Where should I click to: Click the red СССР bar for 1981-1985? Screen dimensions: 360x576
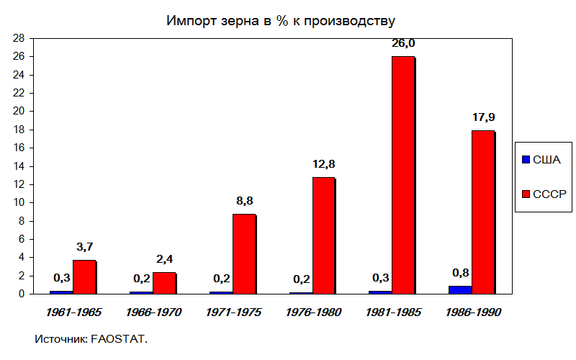click(x=404, y=175)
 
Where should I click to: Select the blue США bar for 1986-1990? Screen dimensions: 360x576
click(x=460, y=289)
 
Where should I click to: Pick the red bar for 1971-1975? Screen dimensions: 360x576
click(x=244, y=253)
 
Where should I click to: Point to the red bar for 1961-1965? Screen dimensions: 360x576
click(x=84, y=276)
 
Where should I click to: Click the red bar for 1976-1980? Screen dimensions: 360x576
click(x=324, y=235)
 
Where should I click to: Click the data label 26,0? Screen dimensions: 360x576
click(x=403, y=43)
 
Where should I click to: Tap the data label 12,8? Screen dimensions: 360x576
click(x=323, y=164)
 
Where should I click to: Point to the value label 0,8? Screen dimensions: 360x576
click(x=461, y=273)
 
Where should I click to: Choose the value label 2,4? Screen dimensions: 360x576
click(x=165, y=258)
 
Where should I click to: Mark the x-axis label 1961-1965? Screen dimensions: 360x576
click(x=73, y=312)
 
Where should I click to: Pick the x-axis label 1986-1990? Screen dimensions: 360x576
click(x=473, y=312)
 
